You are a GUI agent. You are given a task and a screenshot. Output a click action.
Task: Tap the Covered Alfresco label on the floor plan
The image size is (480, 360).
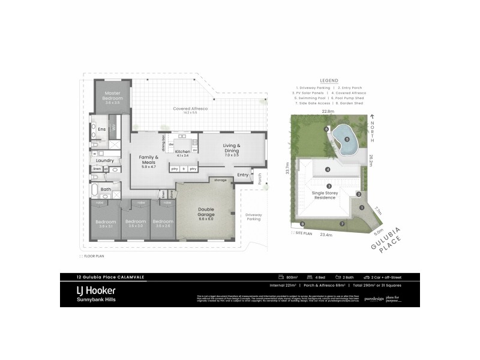[190, 109]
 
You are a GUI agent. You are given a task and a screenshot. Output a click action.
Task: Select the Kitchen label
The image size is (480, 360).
[182, 152]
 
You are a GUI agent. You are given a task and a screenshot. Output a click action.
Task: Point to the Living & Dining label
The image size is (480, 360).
[232, 148]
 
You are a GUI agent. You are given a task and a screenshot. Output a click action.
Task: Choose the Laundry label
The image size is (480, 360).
[105, 160]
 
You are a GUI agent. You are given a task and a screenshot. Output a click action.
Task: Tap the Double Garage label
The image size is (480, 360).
[206, 212]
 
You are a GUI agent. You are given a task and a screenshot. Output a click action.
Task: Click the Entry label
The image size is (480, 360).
[242, 175]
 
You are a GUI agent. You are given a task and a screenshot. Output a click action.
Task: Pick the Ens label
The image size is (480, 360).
[102, 129]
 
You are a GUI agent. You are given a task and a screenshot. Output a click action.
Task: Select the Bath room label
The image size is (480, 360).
[106, 190]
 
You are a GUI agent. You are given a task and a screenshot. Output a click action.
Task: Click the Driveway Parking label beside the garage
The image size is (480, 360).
[253, 217]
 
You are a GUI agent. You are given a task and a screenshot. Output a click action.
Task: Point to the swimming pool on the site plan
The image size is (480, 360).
[344, 139]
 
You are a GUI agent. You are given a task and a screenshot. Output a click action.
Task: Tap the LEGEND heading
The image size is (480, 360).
[329, 80]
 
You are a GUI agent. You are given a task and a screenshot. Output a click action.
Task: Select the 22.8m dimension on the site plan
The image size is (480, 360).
[328, 111]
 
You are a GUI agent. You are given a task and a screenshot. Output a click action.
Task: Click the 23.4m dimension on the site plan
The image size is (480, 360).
[326, 235]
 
